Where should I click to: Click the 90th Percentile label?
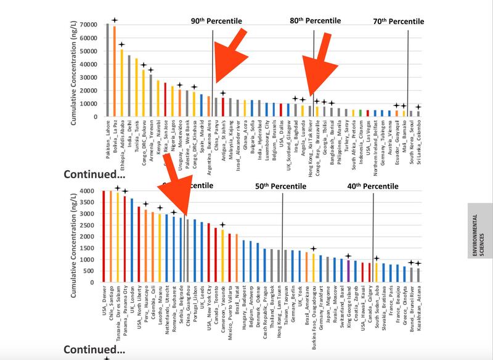point(216,22)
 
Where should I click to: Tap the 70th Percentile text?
point(399,22)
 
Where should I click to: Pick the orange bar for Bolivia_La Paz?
point(115,71)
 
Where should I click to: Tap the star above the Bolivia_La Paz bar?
point(115,20)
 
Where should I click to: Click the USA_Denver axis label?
point(105,303)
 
